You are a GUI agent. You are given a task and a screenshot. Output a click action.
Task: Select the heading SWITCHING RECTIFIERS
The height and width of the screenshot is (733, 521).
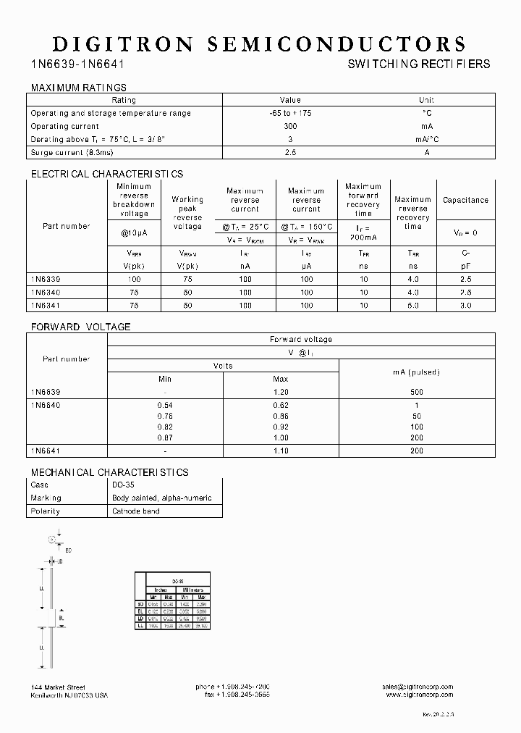pyautogui.click(x=419, y=64)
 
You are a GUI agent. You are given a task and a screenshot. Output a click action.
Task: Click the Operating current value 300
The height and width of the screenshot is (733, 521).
pyautogui.click(x=290, y=126)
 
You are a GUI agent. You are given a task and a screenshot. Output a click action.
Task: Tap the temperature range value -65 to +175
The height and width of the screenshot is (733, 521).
pyautogui.click(x=290, y=113)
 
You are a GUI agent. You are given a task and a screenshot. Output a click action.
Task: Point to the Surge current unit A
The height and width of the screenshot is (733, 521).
pyautogui.click(x=427, y=153)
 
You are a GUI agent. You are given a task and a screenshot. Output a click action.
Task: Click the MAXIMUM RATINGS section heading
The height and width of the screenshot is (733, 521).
pyautogui.click(x=78, y=88)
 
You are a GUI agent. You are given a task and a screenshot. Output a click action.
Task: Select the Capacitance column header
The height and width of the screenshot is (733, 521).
pyautogui.click(x=465, y=200)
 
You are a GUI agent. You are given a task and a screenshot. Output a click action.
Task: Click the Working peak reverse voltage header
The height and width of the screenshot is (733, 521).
pyautogui.click(x=187, y=213)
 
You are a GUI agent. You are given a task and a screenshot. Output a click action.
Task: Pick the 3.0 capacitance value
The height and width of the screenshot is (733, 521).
pyautogui.click(x=465, y=306)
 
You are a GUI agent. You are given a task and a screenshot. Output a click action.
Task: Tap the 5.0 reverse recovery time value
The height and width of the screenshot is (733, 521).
pyautogui.click(x=412, y=306)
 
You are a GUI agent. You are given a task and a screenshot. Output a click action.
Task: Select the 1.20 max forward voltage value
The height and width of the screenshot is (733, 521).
pyautogui.click(x=281, y=392)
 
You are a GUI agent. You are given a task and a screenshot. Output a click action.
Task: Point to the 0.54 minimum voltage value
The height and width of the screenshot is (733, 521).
pyautogui.click(x=165, y=406)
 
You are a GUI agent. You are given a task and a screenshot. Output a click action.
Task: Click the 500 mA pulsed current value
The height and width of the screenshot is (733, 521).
pyautogui.click(x=418, y=392)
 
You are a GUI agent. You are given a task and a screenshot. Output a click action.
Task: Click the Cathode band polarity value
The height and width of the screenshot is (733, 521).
pyautogui.click(x=136, y=511)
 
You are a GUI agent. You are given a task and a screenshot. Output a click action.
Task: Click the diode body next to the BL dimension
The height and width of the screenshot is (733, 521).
pyautogui.click(x=52, y=618)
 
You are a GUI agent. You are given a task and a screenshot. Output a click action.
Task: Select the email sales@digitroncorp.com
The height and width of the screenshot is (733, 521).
pyautogui.click(x=418, y=686)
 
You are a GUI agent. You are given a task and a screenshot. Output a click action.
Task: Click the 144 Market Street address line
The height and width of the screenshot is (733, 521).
pyautogui.click(x=59, y=686)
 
